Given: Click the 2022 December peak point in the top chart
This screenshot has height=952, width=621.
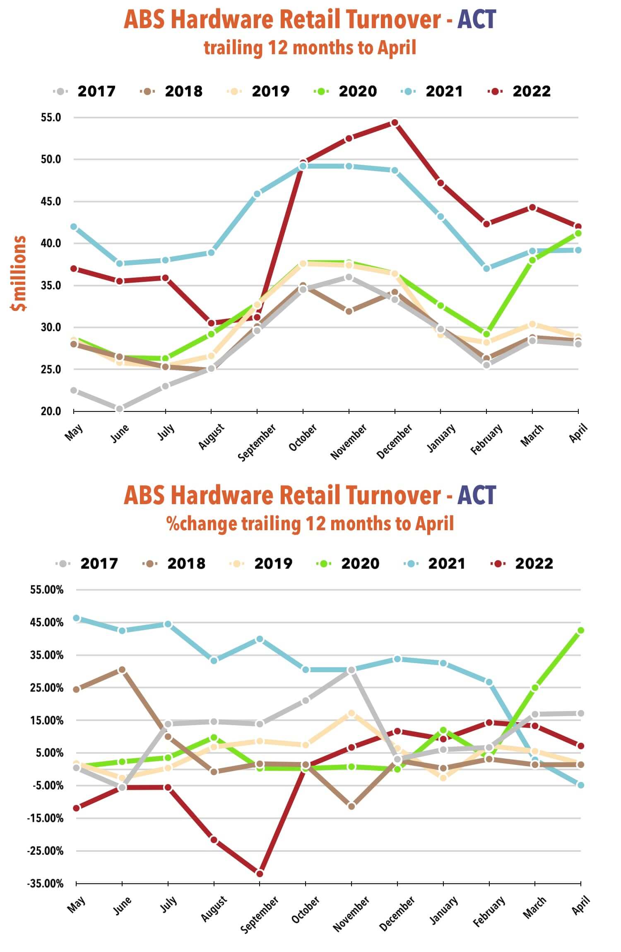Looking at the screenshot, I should (395, 123).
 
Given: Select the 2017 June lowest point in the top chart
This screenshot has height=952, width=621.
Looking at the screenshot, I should (120, 409).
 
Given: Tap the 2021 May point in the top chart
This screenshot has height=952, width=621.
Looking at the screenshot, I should (74, 227).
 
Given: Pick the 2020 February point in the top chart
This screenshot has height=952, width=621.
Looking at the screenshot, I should (486, 334).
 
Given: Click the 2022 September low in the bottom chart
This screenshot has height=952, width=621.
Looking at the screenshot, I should (260, 873).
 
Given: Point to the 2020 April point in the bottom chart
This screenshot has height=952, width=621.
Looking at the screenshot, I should (580, 630).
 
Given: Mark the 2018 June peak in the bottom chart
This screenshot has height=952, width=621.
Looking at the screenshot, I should (122, 670).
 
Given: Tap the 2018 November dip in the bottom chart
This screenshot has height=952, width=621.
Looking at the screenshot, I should (351, 806).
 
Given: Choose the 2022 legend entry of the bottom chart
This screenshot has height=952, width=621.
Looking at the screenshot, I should (522, 563).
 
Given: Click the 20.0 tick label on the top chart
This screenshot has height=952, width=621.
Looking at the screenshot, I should (51, 411).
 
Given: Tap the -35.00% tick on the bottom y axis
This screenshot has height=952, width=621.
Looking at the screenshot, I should (46, 884).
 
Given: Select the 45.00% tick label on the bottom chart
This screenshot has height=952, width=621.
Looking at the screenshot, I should (47, 623).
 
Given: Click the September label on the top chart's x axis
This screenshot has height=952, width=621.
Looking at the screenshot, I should (257, 442).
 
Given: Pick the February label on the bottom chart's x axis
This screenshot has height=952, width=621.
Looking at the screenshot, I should (489, 912).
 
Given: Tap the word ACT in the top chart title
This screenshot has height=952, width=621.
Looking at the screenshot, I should (477, 20).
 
